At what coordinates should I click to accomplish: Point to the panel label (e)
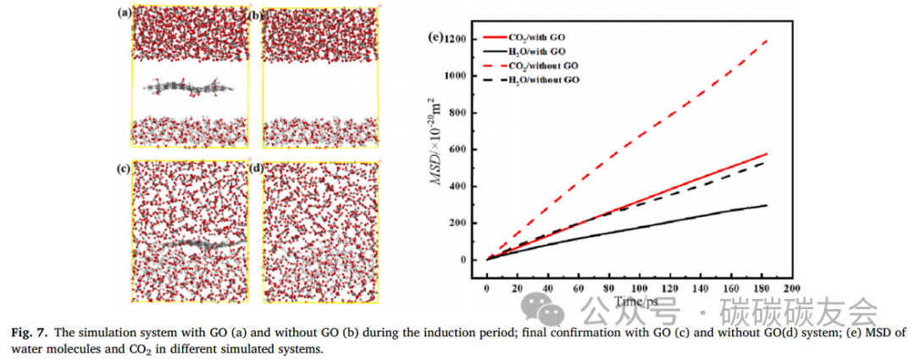438,36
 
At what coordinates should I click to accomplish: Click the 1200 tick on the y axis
456,39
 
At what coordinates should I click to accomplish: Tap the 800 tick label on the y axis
458,113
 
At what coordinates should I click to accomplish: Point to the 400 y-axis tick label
458,186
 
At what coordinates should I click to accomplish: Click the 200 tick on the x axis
791,289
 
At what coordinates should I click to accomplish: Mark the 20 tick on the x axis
517,289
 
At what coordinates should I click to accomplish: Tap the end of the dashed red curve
767,39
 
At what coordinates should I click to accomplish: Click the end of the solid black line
767,205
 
